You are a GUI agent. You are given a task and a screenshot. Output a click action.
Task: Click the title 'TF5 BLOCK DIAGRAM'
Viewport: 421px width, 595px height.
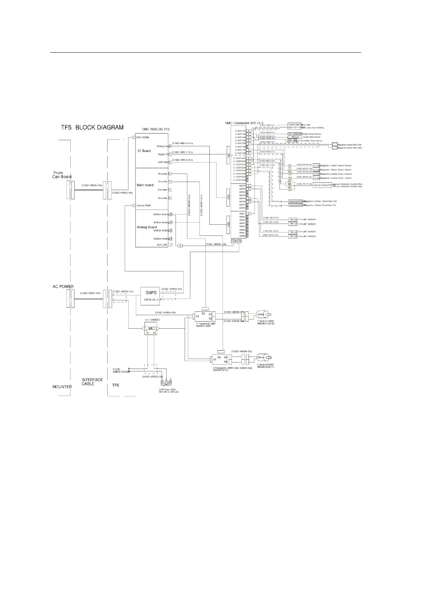pyautogui.click(x=91, y=128)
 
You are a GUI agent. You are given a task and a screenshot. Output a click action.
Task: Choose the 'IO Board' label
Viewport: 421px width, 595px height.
pyautogui.click(x=144, y=151)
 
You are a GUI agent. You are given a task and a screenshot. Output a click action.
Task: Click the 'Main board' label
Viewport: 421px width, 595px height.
pyautogui.click(x=145, y=185)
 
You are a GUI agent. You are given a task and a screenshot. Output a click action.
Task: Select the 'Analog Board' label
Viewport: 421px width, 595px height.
pyautogui.click(x=146, y=227)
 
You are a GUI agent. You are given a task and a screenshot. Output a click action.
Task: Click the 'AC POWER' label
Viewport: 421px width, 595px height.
pyautogui.click(x=63, y=287)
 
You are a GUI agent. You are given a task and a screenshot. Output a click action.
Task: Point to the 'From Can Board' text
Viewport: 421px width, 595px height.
pyautogui.click(x=62, y=175)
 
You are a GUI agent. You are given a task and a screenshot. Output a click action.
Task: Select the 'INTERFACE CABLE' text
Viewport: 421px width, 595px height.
pyautogui.click(x=92, y=382)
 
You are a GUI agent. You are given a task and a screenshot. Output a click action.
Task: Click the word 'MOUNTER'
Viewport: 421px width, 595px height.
pyautogui.click(x=62, y=387)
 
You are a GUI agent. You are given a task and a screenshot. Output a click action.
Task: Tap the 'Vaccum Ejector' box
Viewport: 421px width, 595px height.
pyautogui.click(x=322, y=185)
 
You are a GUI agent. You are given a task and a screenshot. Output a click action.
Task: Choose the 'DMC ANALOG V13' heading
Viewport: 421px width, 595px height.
pyautogui.click(x=155, y=129)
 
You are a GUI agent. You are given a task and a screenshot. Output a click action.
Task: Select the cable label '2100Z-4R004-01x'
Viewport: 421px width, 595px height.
pyautogui.click(x=165, y=313)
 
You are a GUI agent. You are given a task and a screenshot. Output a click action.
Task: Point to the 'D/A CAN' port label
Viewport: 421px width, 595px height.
pyautogui.click(x=162, y=245)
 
